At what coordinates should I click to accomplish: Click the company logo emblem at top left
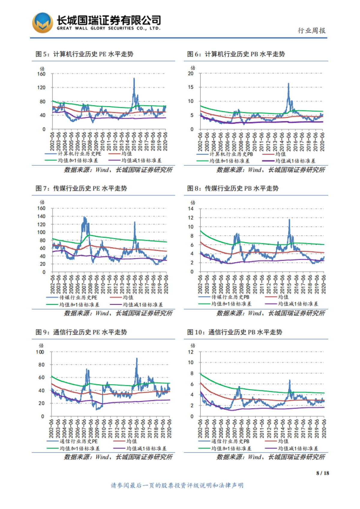pyautogui.click(x=43, y=23)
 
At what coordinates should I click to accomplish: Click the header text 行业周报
pyautogui.click(x=311, y=31)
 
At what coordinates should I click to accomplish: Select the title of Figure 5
pyautogui.click(x=84, y=54)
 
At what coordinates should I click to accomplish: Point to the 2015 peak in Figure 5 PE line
pyautogui.click(x=134, y=79)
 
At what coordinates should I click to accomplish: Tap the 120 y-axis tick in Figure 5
pyautogui.click(x=41, y=88)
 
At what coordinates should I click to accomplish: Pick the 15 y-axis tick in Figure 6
pyautogui.click(x=191, y=87)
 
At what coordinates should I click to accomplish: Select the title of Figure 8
pyautogui.click(x=233, y=189)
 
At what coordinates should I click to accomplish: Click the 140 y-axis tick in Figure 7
pyautogui.click(x=41, y=216)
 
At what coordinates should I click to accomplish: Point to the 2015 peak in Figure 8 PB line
pyautogui.click(x=289, y=220)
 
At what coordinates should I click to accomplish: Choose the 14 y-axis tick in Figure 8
pyautogui.click(x=191, y=209)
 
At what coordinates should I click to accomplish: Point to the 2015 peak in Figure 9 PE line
pyautogui.click(x=137, y=358)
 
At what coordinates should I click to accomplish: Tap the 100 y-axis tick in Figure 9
pyautogui.click(x=40, y=352)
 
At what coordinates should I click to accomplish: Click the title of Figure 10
pyautogui.click(x=235, y=332)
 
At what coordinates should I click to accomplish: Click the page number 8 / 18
pyautogui.click(x=322, y=473)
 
